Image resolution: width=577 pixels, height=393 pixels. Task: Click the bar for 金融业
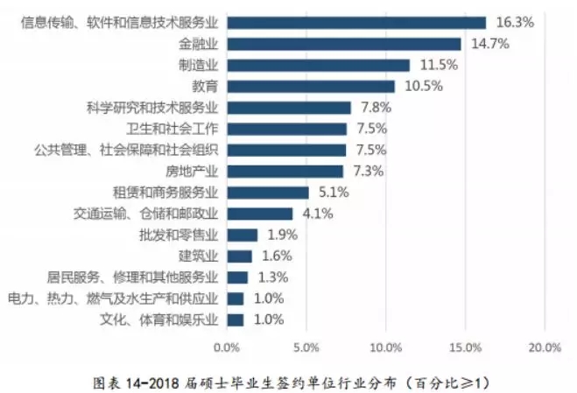pos(343,44)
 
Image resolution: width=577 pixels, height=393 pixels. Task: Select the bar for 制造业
pos(318,65)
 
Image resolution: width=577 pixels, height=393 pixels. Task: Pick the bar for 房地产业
pos(285,171)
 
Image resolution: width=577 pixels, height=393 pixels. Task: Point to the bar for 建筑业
pos(239,256)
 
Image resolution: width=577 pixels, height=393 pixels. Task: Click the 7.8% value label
pos(373,107)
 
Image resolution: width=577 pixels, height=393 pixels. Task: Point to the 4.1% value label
pos(314,213)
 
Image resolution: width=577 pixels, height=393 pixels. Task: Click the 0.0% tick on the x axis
pos(227,347)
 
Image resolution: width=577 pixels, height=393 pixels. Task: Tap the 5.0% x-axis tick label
pos(306,347)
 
